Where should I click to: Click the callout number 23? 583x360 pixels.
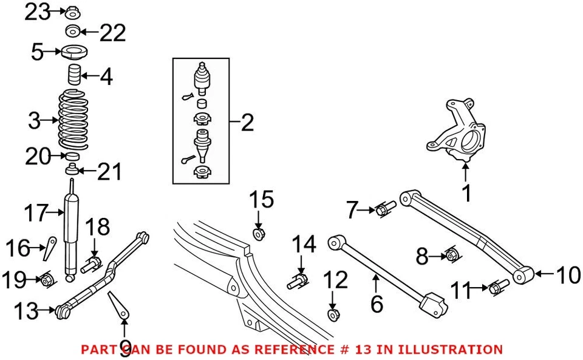coord(37,12)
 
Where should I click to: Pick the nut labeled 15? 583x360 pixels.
coord(259,233)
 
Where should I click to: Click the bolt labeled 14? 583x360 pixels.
coord(298,282)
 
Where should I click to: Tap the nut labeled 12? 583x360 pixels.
coord(333,314)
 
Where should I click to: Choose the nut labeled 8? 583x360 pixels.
coord(451,255)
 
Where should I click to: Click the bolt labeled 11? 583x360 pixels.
coord(499,287)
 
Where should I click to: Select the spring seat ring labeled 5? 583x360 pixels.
coord(73,52)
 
